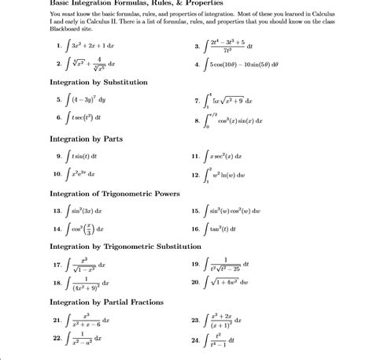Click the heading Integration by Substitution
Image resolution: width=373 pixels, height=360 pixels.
coord(101,82)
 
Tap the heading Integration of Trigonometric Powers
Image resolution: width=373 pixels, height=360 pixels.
coord(115,193)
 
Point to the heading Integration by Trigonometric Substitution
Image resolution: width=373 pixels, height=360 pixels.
coord(126,247)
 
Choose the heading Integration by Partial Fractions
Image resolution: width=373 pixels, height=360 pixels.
coord(108,302)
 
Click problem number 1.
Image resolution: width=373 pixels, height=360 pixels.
coord(59,46)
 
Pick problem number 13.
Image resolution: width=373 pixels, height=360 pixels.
coord(57,211)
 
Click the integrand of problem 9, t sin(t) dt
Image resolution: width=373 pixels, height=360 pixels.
coord(87,156)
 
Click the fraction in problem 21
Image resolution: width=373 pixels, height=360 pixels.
coord(87,321)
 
